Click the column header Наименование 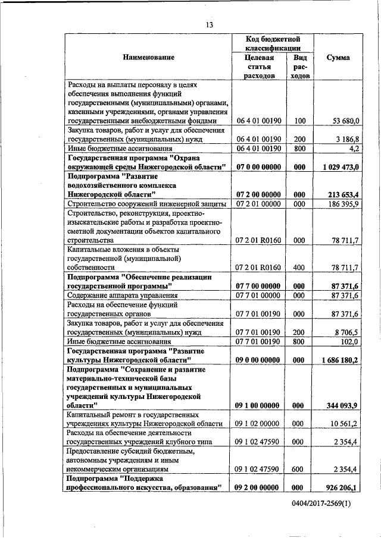click(149, 58)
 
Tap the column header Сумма click(339, 58)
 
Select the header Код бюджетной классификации click(272, 42)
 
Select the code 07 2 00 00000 click(258, 194)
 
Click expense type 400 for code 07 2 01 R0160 click(299, 268)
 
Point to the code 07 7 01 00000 click(258, 295)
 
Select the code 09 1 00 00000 click(258, 405)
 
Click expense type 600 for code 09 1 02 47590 click(299, 469)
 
